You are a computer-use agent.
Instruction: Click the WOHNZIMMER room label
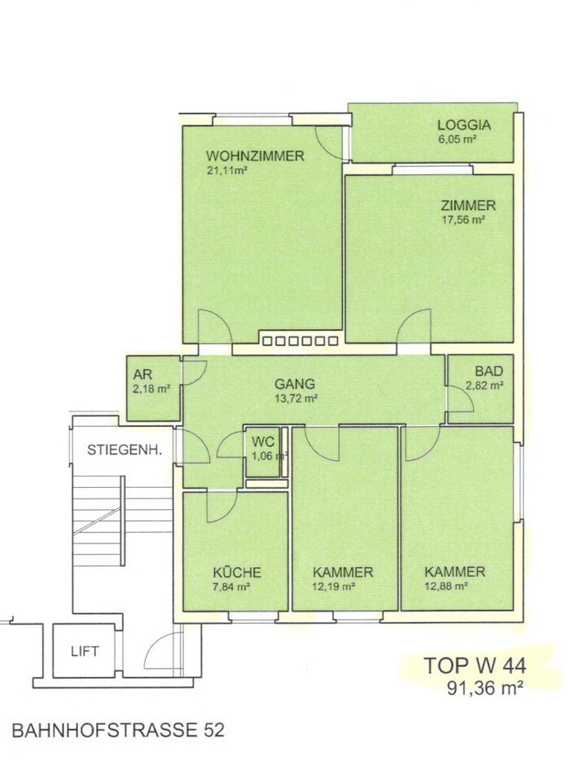tap(255, 156)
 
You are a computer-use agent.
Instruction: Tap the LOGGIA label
tap(464, 125)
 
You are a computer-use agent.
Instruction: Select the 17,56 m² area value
tap(463, 220)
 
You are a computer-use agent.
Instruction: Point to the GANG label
tap(295, 384)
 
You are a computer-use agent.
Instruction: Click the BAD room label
tap(489, 371)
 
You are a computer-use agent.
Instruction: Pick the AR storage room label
tap(142, 375)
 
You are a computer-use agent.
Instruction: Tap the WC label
tap(263, 442)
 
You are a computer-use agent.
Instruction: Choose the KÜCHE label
tap(237, 573)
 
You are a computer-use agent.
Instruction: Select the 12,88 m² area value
tap(446, 586)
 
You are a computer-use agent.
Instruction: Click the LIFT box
tap(85, 651)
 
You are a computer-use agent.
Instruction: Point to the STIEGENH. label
tap(124, 450)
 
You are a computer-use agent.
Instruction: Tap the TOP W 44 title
tap(475, 666)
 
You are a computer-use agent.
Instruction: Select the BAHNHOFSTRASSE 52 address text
tap(118, 731)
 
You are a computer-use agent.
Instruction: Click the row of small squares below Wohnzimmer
tap(300, 340)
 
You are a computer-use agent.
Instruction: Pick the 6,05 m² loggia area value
tap(456, 139)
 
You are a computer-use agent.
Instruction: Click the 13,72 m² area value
tap(296, 398)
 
